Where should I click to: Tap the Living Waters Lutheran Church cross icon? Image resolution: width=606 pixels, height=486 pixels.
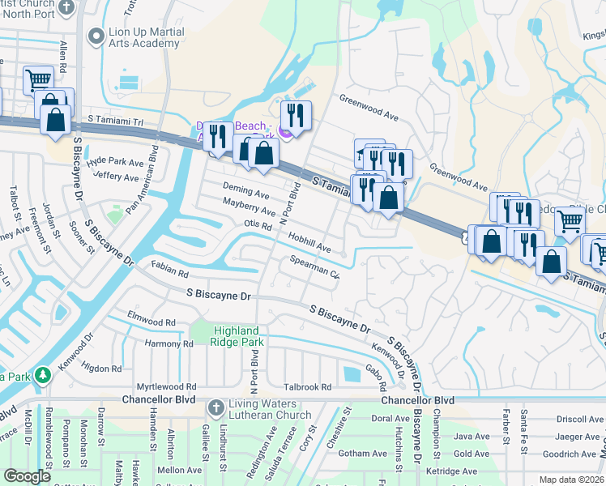(x=215, y=407)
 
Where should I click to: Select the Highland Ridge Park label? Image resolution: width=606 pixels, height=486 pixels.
(x=237, y=337)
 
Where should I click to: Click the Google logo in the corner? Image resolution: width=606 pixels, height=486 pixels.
(x=28, y=476)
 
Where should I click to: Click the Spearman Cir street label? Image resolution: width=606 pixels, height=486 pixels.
(x=314, y=266)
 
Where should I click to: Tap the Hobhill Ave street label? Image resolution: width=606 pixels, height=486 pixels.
(x=309, y=241)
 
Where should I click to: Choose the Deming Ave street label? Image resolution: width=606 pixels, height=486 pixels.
(x=245, y=193)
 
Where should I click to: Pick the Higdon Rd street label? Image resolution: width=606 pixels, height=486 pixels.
(x=102, y=369)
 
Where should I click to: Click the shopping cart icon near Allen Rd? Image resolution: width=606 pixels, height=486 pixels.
(x=38, y=80)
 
